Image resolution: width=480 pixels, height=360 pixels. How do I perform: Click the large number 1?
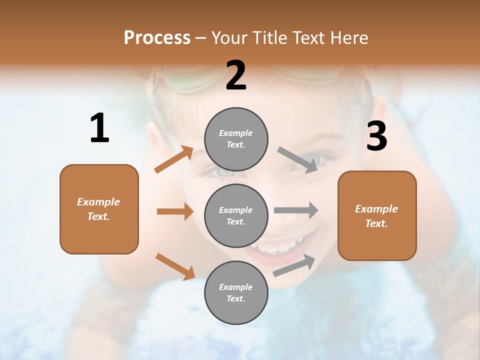point(99,128)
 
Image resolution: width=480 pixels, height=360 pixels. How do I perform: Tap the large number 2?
point(236,75)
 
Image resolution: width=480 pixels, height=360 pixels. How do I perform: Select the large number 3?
point(376,137)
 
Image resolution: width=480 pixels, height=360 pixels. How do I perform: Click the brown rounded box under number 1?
point(99,209)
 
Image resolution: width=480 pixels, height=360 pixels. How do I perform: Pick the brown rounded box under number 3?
point(377,215)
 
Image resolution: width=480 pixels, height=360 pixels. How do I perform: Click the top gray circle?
point(236,139)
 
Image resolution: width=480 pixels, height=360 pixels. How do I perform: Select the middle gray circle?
point(236,215)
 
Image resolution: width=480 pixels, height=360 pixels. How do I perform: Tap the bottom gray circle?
point(236,292)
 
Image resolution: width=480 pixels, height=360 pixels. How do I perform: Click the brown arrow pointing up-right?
point(174,159)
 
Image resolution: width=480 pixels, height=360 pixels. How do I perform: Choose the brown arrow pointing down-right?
point(175,266)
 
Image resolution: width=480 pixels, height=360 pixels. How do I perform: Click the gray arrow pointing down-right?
point(297,159)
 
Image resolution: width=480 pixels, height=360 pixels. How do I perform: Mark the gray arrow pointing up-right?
point(294,265)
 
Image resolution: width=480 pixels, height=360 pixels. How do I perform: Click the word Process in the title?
point(157,37)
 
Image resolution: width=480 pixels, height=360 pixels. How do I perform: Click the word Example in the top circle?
point(235,133)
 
